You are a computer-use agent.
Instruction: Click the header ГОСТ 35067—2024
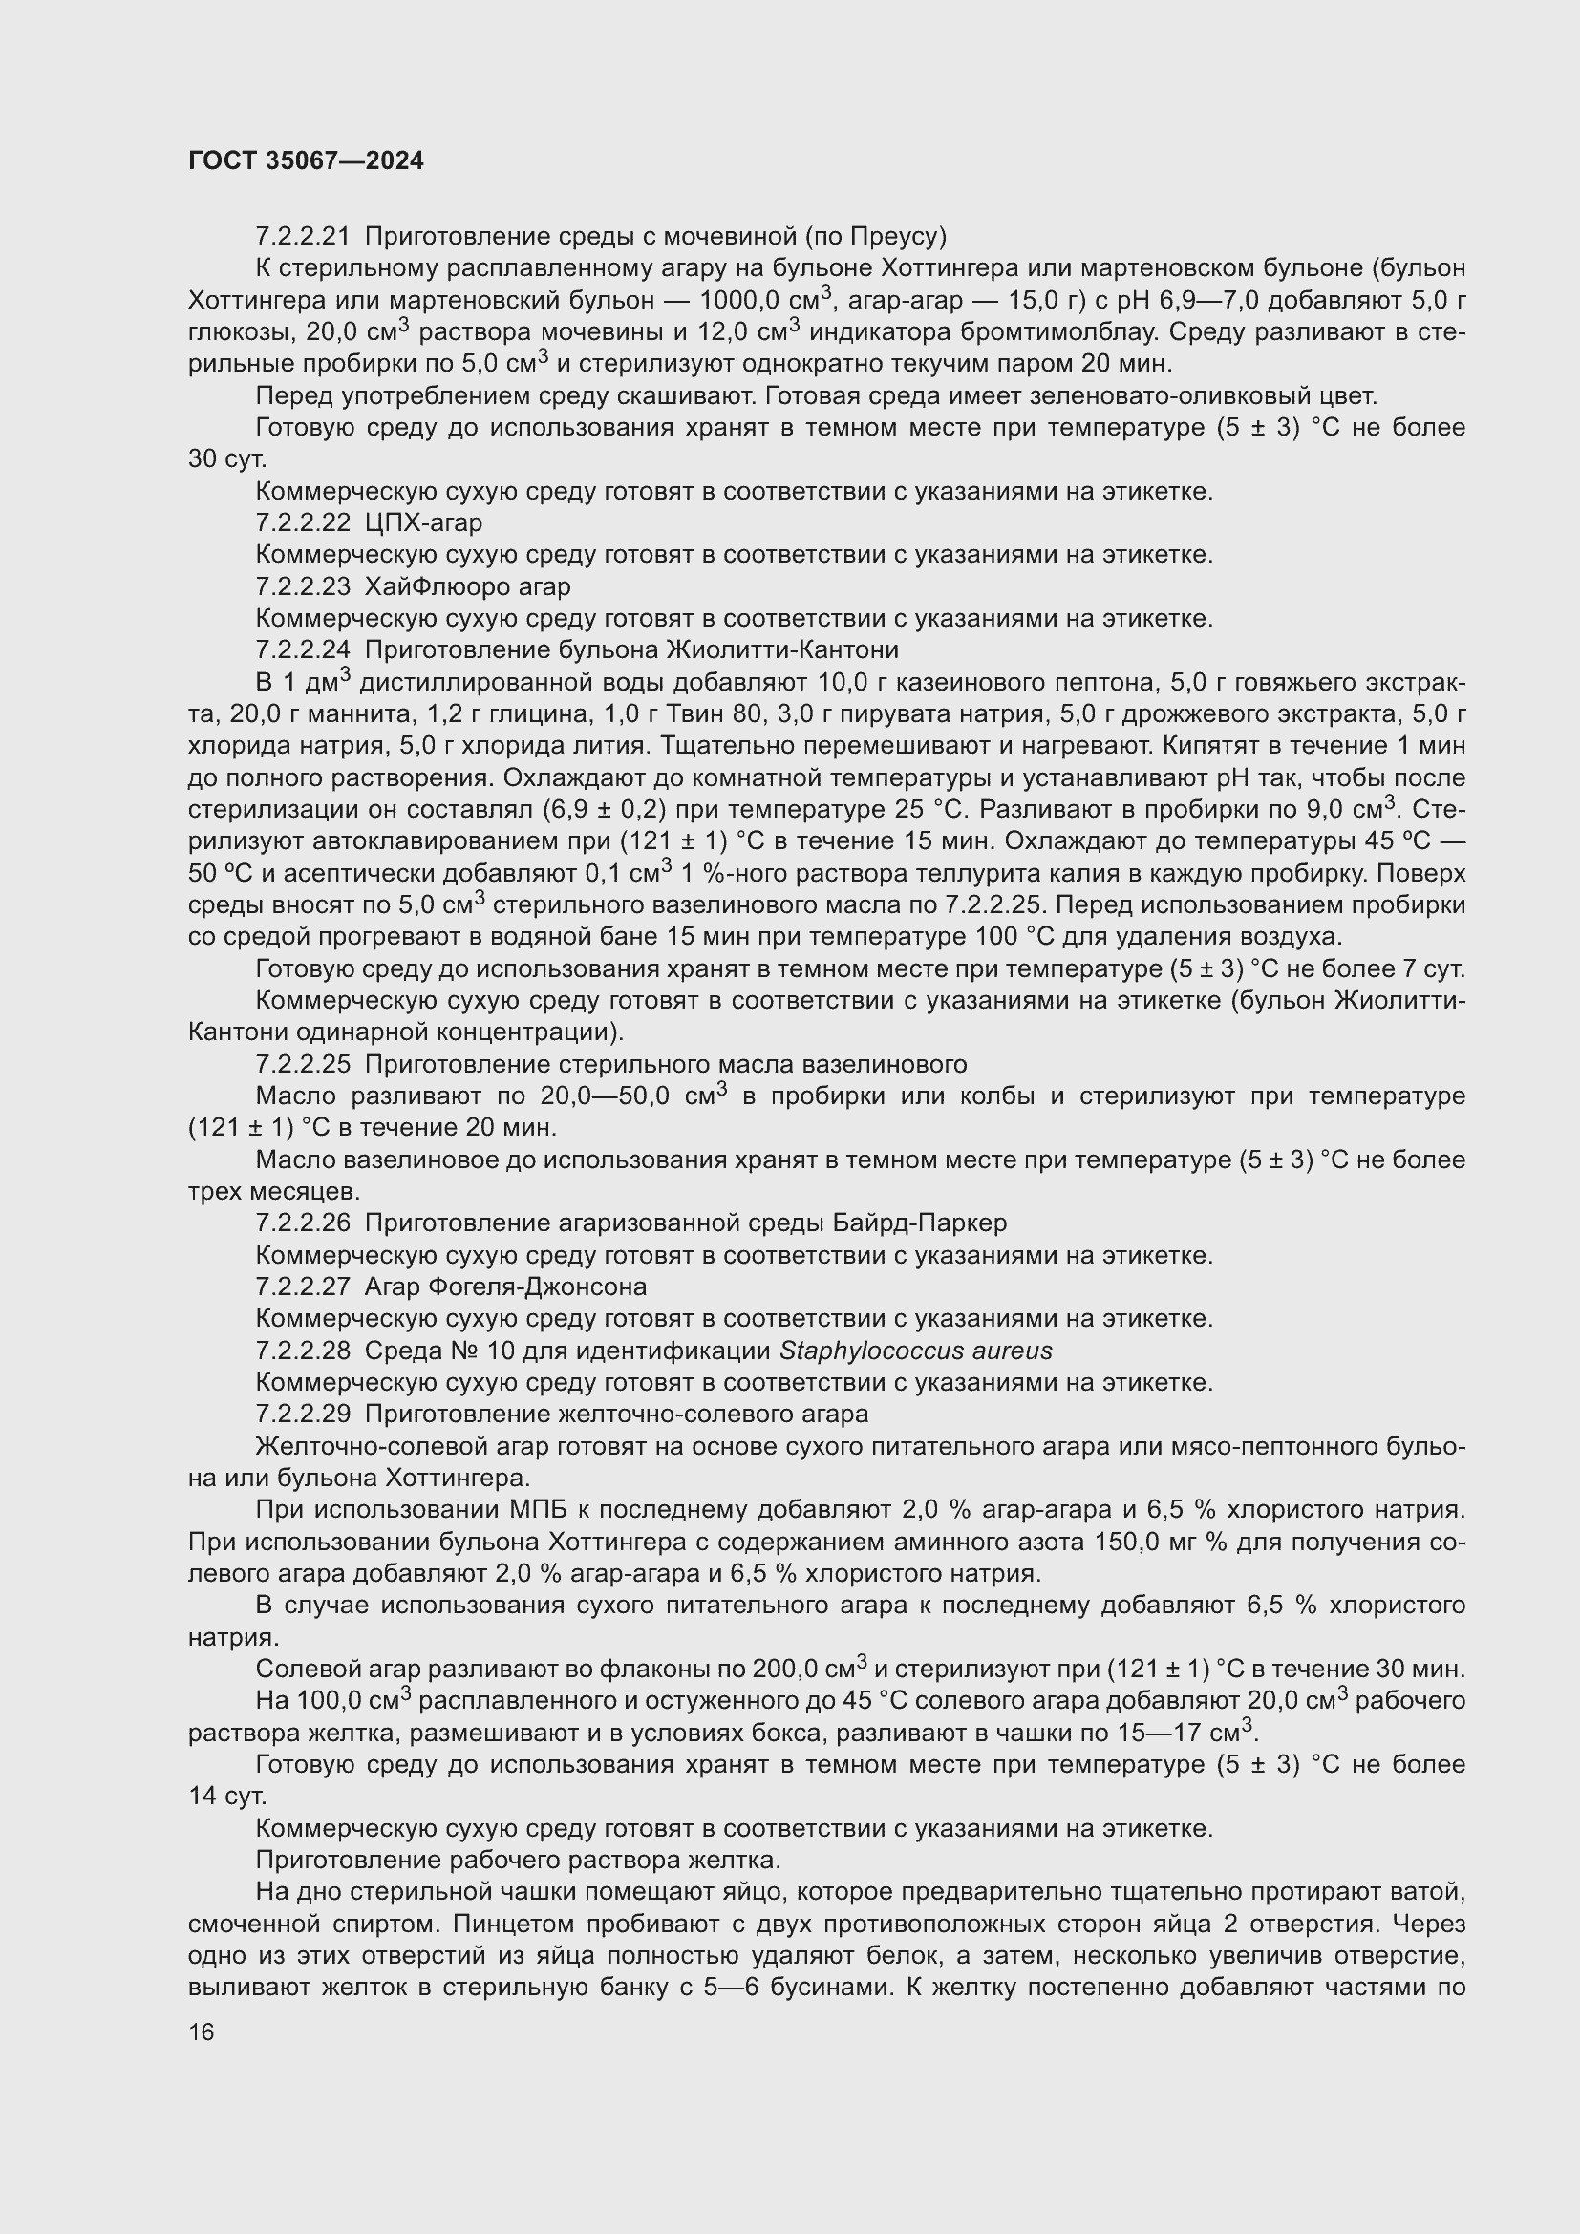click(306, 160)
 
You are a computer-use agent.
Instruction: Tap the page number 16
click(202, 2032)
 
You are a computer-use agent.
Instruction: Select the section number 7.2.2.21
click(303, 237)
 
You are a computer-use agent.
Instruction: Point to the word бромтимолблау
click(1058, 331)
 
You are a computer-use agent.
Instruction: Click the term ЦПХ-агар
click(423, 522)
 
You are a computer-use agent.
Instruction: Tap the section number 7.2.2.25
click(303, 1063)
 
